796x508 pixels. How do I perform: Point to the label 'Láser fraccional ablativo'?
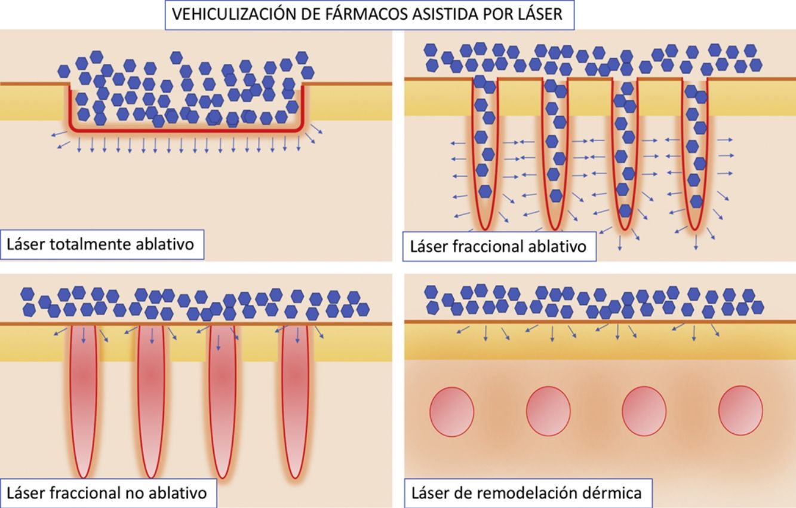pos(498,246)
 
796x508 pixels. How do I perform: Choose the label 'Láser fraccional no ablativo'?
pos(107,492)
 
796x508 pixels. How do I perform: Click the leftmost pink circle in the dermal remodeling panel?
pos(452,412)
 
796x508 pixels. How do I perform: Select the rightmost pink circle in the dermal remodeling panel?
pos(740,412)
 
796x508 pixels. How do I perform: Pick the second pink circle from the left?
pos(548,412)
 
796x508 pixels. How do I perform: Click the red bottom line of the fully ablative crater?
pos(185,128)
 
